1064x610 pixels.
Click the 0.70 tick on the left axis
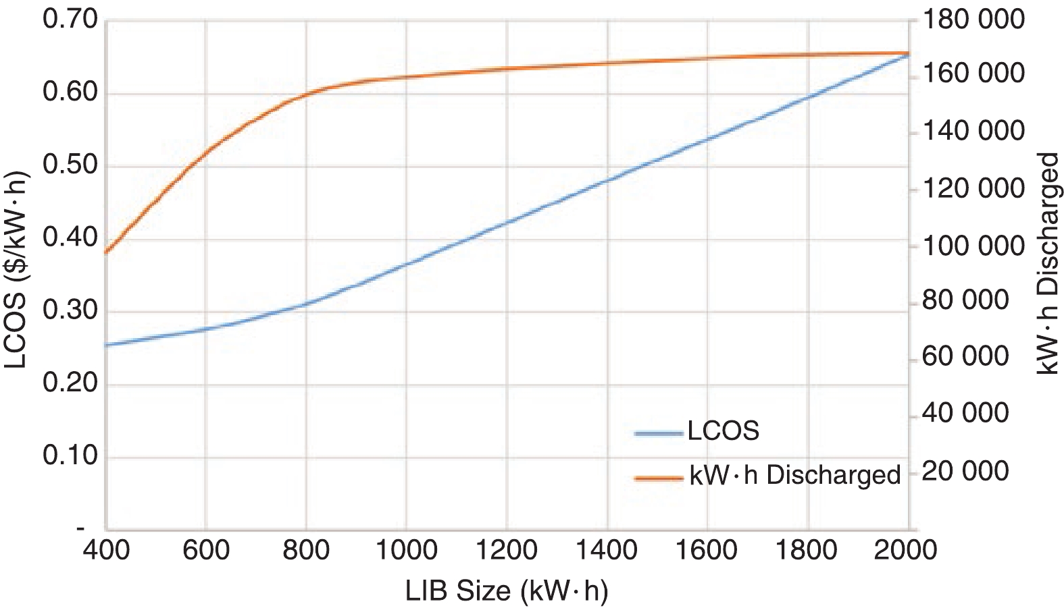click(70, 20)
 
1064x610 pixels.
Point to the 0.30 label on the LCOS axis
click(70, 310)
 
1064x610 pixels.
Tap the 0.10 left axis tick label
click(70, 456)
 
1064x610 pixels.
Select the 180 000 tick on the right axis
click(973, 20)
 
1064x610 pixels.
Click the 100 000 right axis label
click(973, 246)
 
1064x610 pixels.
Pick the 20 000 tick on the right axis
click(965, 470)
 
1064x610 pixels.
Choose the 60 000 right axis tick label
click(965, 357)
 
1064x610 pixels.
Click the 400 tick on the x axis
click(106, 550)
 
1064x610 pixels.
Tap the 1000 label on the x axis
click(406, 550)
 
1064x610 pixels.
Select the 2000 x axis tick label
click(906, 550)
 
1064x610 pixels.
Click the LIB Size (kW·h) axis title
click(507, 591)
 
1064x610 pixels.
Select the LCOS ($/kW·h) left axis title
click(16, 270)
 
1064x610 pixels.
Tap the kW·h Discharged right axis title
click(1048, 263)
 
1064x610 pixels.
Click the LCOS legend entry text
click(724, 431)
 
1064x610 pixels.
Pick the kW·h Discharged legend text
click(795, 475)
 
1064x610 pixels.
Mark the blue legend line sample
click(659, 433)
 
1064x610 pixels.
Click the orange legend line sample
click(659, 478)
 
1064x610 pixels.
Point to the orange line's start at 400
click(107, 252)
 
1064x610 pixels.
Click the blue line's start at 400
click(107, 345)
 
